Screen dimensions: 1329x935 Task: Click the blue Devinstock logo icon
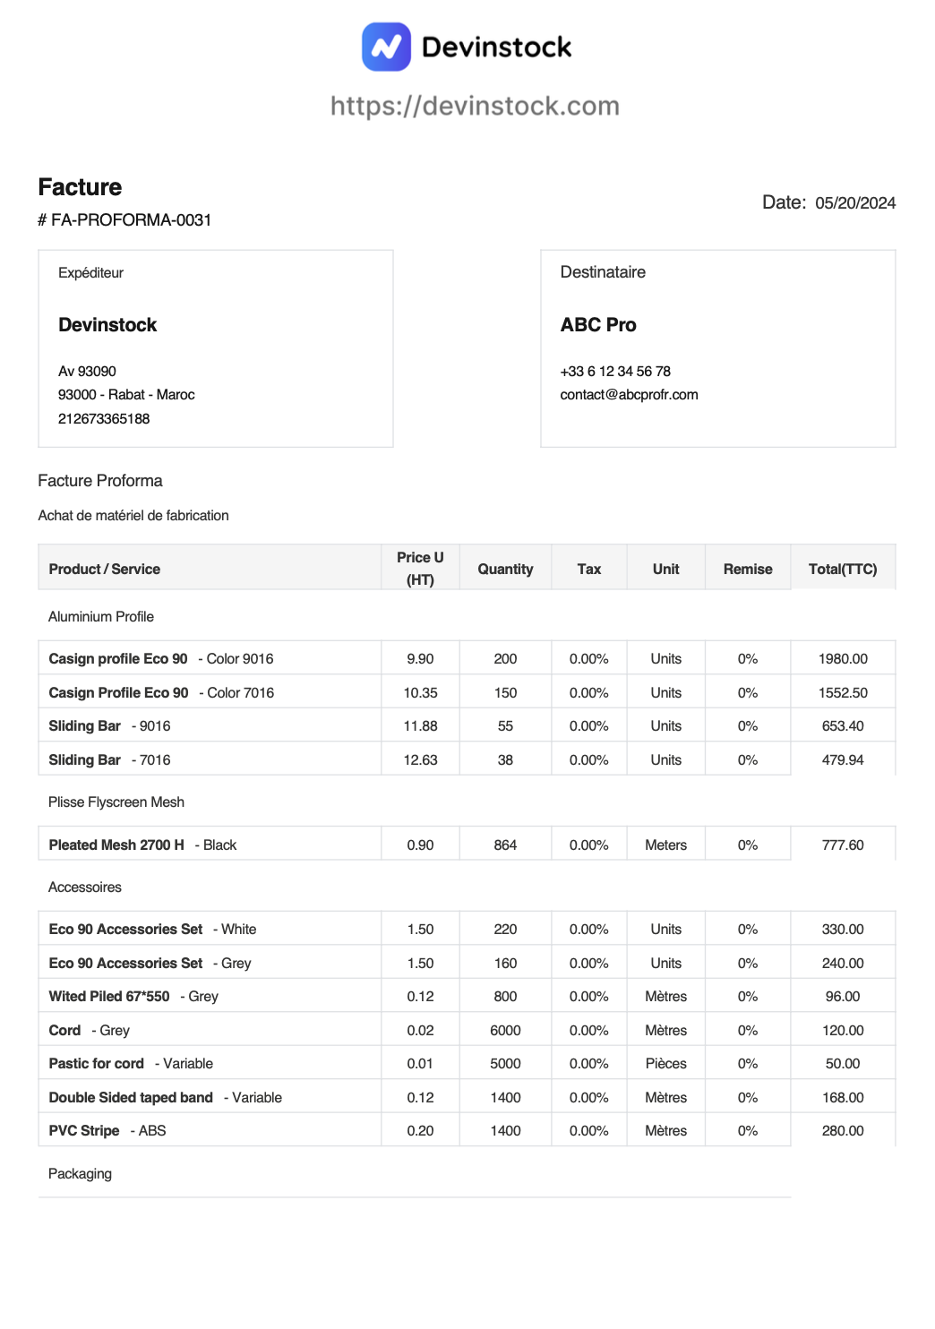(x=386, y=47)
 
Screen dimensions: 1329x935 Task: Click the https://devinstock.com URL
(x=475, y=106)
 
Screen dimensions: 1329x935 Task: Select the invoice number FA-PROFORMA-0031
(x=131, y=220)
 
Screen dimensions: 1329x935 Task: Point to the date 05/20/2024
(x=854, y=203)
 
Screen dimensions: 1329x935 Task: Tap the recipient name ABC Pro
(x=598, y=325)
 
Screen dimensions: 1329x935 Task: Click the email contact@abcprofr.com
(x=629, y=395)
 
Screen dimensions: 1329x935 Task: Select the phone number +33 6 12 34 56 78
(x=615, y=372)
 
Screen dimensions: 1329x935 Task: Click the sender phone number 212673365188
(x=104, y=419)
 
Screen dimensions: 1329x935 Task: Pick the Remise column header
(x=748, y=570)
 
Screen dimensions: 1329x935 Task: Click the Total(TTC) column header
(x=842, y=570)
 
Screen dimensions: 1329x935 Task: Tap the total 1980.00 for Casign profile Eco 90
(x=843, y=659)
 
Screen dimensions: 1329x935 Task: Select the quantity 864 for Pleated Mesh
(x=505, y=845)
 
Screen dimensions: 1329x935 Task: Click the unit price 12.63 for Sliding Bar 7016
(x=420, y=760)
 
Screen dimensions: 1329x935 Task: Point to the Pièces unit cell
(x=665, y=1064)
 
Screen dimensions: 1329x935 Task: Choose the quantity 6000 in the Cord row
(x=505, y=1031)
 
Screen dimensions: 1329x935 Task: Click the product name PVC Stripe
(x=84, y=1131)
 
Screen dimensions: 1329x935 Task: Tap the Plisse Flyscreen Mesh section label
(x=116, y=802)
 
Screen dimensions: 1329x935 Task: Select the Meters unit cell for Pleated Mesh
(x=665, y=845)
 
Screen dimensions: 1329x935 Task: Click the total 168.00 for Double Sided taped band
(x=843, y=1098)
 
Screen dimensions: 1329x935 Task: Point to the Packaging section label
(x=80, y=1174)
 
